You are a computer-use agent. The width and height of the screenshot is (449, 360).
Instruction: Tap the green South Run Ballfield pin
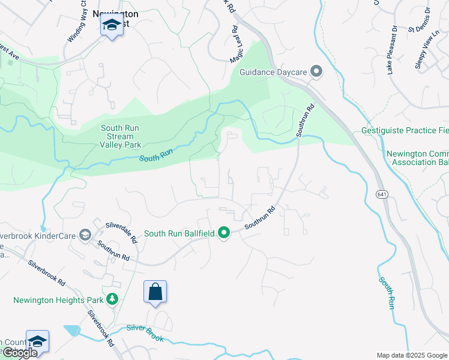[x=224, y=232]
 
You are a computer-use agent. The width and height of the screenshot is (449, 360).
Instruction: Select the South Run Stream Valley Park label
[x=112, y=136]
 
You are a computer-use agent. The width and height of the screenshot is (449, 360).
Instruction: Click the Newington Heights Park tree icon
[x=110, y=299]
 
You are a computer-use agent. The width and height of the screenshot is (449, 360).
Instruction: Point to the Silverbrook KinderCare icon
[x=85, y=235]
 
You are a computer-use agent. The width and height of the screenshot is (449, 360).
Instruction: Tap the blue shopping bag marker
[x=155, y=292]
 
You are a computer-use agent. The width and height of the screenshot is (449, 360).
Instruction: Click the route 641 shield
[x=382, y=194]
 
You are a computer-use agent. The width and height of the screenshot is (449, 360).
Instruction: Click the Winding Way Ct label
[x=78, y=26]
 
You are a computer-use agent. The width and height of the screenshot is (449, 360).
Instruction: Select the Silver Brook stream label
[x=145, y=333]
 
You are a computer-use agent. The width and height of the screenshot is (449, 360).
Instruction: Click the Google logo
[x=20, y=353]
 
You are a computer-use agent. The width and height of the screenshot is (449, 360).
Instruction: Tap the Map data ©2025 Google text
[x=412, y=355]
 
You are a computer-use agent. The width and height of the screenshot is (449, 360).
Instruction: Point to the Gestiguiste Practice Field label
[x=405, y=130]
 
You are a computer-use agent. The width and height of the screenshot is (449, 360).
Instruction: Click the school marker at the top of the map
[x=111, y=26]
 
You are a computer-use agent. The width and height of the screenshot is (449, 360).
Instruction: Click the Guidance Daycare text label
[x=273, y=72]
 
